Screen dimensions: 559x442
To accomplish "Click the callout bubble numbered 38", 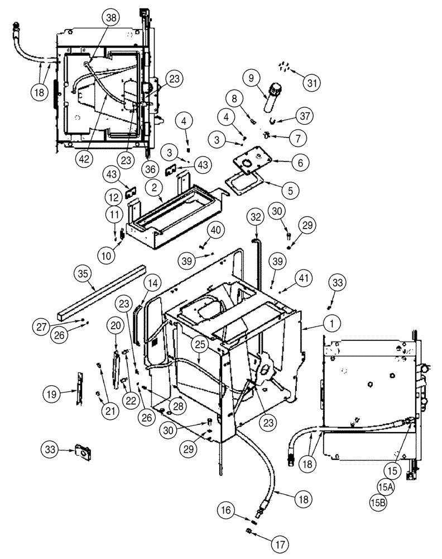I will pyautogui.click(x=112, y=18).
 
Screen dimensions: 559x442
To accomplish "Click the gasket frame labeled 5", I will pyautogui.click(x=244, y=183).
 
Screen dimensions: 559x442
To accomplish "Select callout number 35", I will pyautogui.click(x=83, y=273).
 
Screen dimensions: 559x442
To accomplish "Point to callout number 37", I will pyautogui.click(x=304, y=116).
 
